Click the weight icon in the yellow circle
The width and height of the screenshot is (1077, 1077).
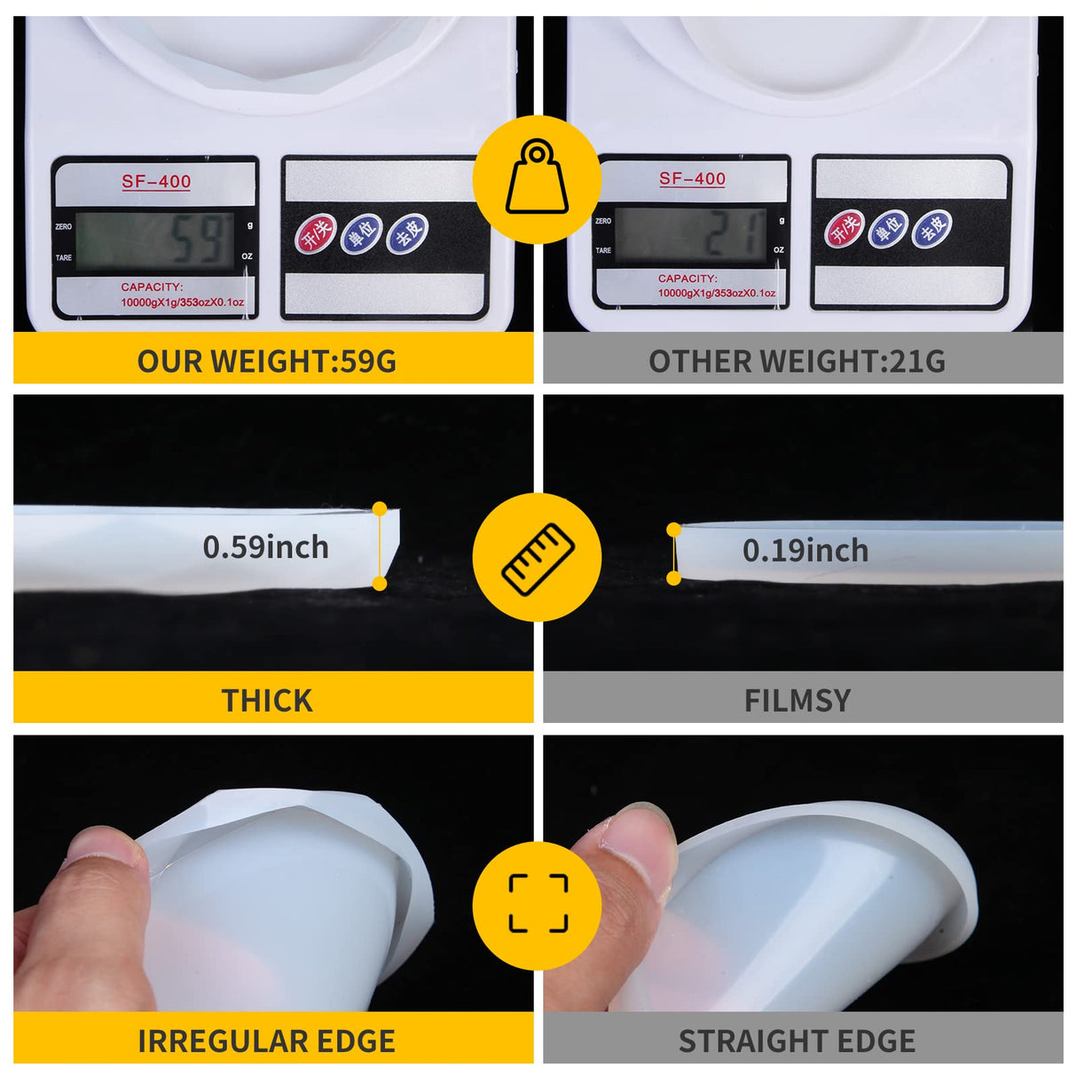pos(537,177)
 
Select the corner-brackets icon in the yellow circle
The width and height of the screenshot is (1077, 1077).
pos(538,903)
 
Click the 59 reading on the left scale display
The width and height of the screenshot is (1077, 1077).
pos(196,240)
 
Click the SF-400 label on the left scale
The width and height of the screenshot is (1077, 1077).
pos(156,182)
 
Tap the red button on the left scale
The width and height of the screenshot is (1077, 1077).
pos(315,234)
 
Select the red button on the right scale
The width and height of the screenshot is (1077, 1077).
pos(845,229)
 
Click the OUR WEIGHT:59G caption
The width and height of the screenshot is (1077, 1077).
pos(266,361)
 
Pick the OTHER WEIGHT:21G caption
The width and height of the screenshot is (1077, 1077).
pos(797,361)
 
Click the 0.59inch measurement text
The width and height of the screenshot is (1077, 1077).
pos(265,547)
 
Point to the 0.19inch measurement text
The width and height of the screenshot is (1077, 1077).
pos(805,551)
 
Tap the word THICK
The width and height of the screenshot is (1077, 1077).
pos(266,701)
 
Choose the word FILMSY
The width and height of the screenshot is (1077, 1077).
pos(797,701)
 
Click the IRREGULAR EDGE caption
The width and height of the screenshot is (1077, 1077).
pos(266,1041)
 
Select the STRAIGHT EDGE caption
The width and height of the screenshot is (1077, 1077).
pos(797,1041)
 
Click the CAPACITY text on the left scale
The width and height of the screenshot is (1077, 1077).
pos(152,287)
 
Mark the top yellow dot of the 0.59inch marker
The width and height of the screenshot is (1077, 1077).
pos(380,508)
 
